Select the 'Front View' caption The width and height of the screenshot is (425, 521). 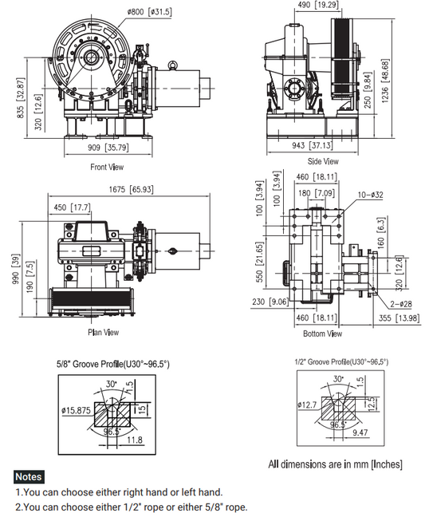107,167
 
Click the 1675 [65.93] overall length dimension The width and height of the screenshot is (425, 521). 129,189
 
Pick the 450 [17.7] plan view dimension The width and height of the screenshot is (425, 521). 72,207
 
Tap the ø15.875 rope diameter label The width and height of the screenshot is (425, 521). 77,411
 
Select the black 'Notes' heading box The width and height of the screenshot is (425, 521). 30,476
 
